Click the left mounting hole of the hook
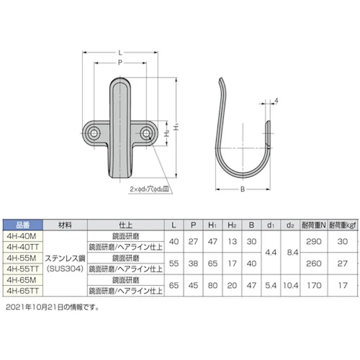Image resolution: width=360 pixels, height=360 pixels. (x=94, y=133)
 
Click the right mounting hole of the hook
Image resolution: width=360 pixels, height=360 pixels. (x=146, y=133)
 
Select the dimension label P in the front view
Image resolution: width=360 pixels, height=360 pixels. (x=120, y=63)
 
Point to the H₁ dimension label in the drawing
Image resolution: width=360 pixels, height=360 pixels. (x=176, y=129)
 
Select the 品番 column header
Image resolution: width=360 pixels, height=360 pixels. (x=23, y=225)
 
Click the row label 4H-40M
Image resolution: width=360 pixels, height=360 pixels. (x=23, y=236)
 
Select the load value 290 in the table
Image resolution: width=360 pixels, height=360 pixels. (x=314, y=241)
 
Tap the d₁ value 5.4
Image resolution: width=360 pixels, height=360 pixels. (x=270, y=285)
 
